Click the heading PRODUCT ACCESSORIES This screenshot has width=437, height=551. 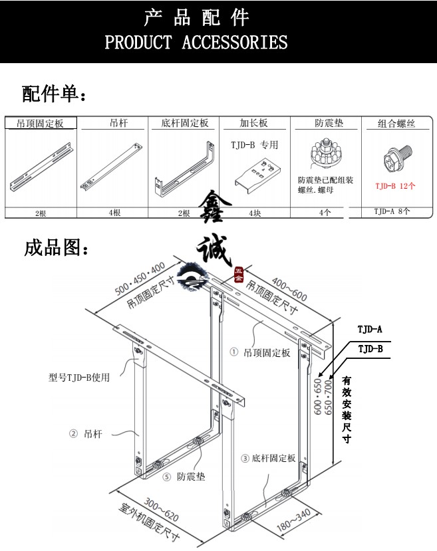pyautogui.click(x=196, y=43)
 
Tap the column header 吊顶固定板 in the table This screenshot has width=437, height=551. pyautogui.click(x=41, y=124)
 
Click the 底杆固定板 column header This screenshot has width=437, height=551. pyautogui.click(x=184, y=124)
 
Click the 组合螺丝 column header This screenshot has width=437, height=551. pyautogui.click(x=397, y=124)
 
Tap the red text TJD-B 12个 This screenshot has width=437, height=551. pyautogui.click(x=395, y=186)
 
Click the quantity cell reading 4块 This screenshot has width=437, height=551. pyautogui.click(x=255, y=213)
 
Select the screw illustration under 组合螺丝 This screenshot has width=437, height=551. pyautogui.click(x=394, y=160)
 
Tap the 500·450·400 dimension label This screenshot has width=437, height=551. pyautogui.click(x=139, y=279)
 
